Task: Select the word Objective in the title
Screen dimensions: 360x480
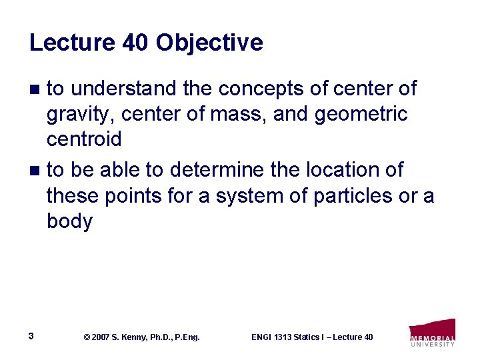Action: click(x=209, y=43)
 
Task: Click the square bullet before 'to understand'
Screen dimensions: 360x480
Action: click(x=37, y=89)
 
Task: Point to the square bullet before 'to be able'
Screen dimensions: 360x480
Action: click(x=37, y=171)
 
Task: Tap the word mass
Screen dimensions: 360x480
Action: click(x=238, y=115)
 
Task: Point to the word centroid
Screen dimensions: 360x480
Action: click(x=84, y=139)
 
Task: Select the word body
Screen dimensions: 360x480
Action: click(x=69, y=222)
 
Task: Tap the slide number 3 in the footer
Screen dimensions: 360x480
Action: click(x=31, y=336)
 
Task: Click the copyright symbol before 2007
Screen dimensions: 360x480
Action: click(x=86, y=337)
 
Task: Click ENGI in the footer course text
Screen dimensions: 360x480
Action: click(x=261, y=337)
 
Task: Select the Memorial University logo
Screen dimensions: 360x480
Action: click(x=432, y=333)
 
